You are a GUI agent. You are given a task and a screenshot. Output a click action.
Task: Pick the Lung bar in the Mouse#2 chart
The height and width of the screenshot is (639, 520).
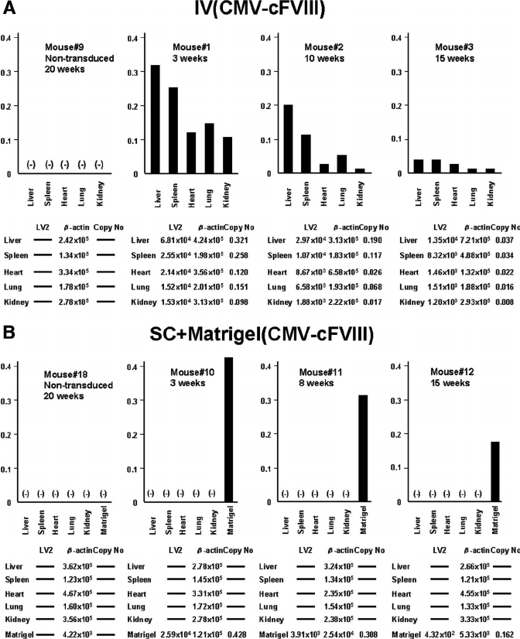point(341,165)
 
